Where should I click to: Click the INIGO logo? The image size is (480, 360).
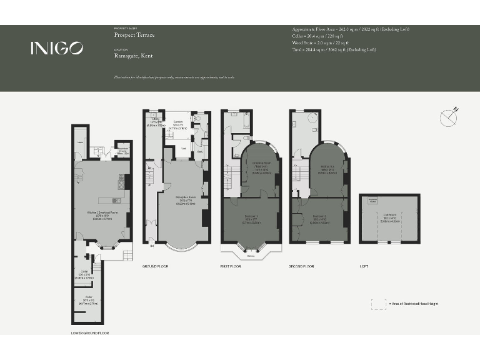coord(57,48)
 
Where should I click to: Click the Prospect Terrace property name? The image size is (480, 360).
coord(134,35)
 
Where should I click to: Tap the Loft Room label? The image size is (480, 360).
coord(391,219)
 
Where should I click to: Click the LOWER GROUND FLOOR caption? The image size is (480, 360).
coord(90,333)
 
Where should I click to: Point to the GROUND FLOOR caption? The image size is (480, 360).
coord(155,266)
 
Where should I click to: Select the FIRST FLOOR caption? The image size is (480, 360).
coord(231,266)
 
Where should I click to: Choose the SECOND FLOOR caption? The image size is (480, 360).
coord(301,266)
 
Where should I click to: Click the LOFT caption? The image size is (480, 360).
coord(364,266)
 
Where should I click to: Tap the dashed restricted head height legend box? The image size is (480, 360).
coord(378,304)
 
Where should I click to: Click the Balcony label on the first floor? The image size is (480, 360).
coord(251,255)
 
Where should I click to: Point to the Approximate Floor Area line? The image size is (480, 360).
coord(351,29)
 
